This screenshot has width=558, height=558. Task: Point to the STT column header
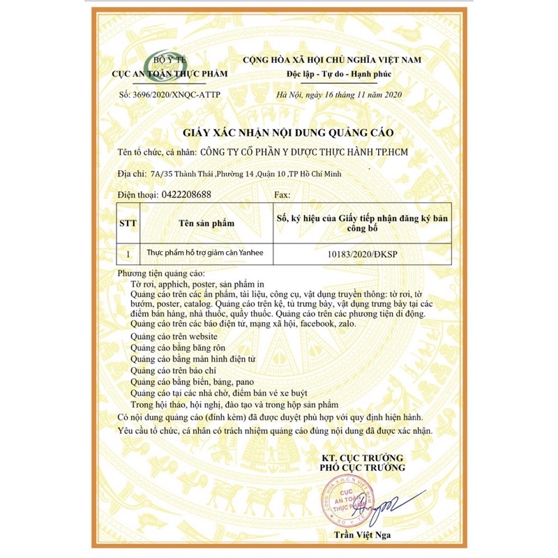point(130,223)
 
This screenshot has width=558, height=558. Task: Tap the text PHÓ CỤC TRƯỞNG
point(363,467)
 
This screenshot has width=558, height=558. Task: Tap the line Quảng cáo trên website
point(169,338)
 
